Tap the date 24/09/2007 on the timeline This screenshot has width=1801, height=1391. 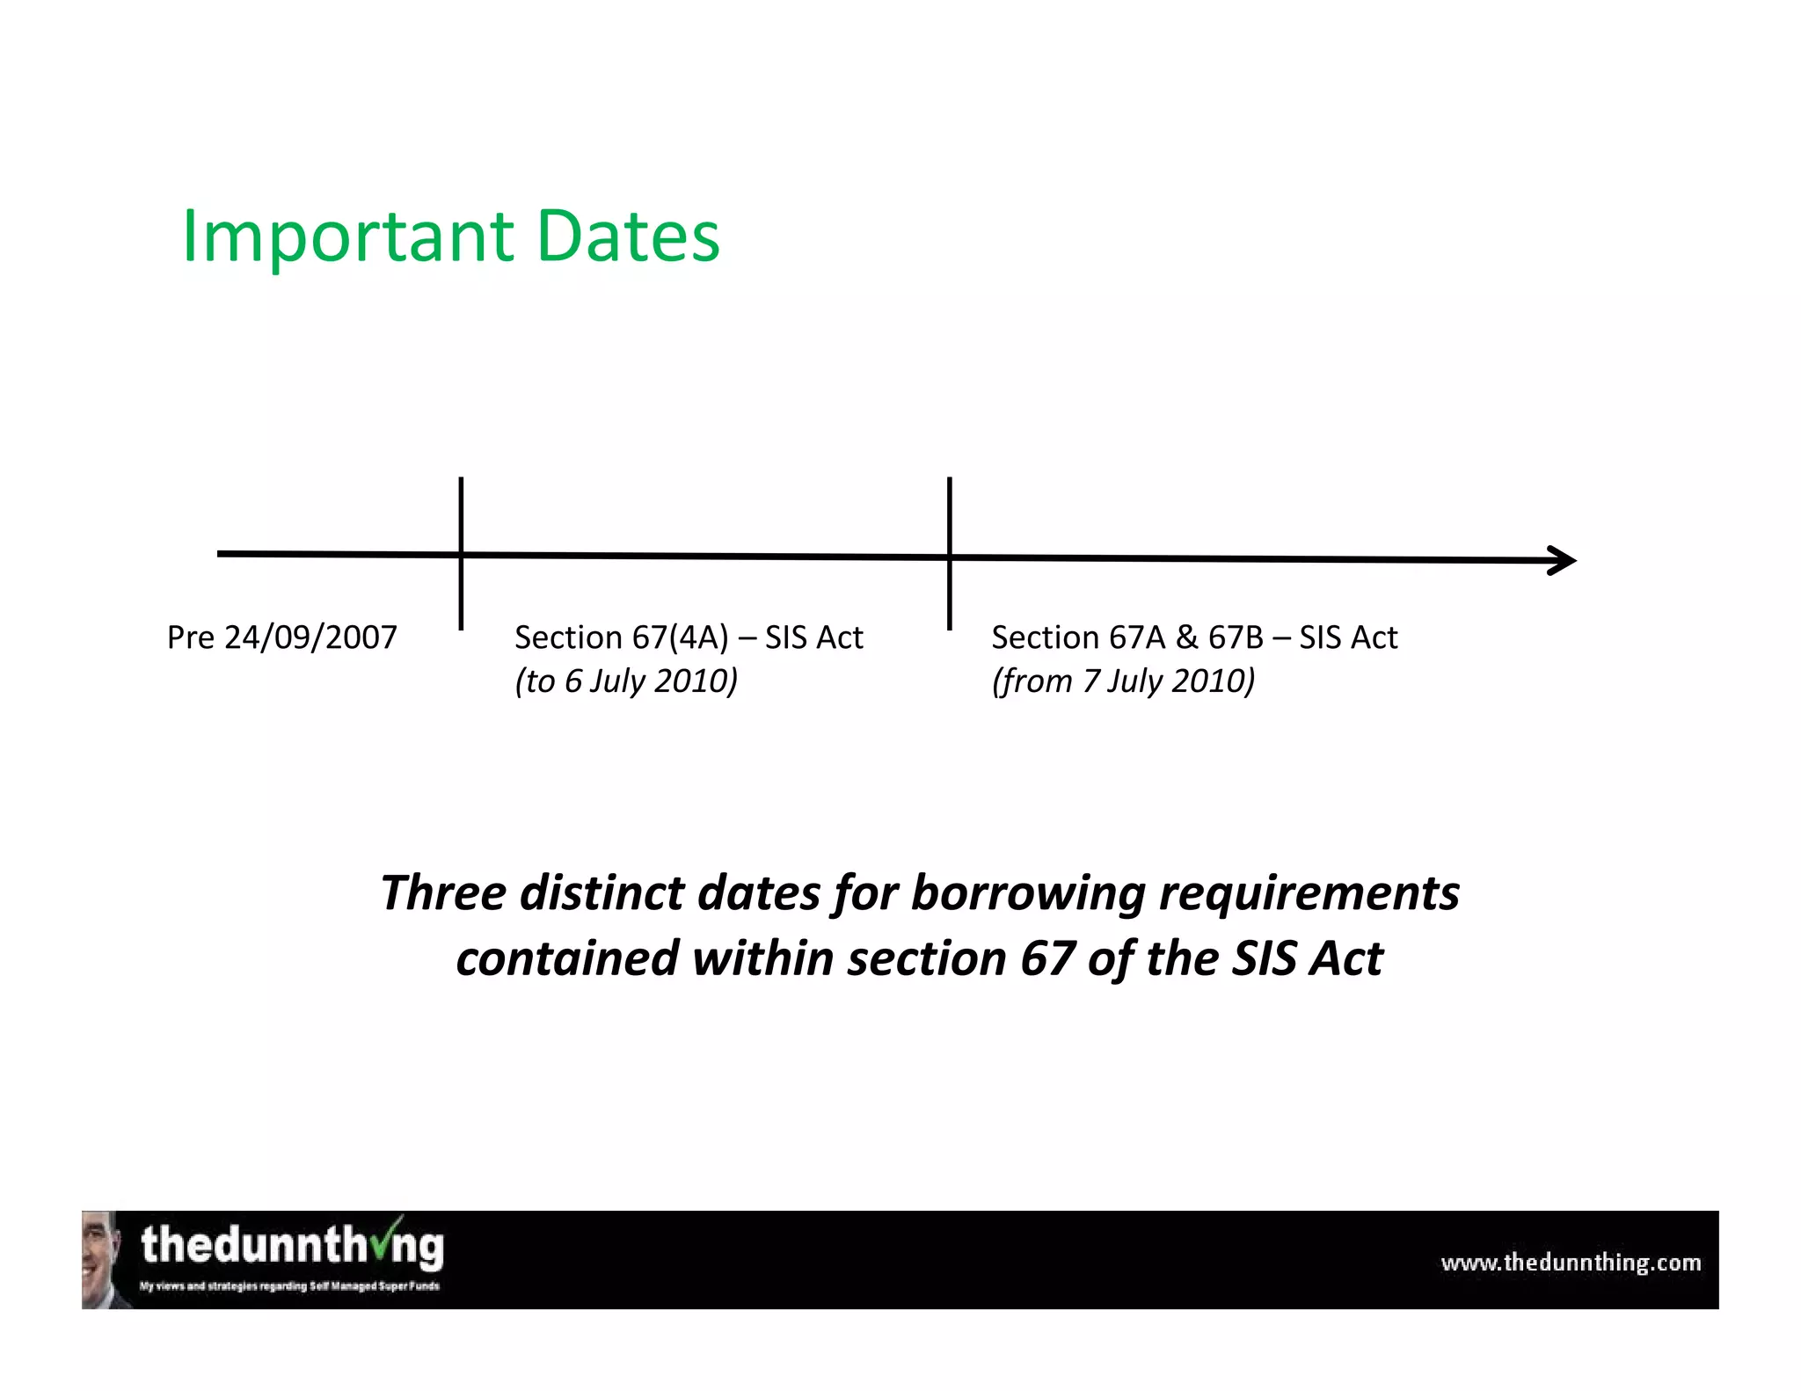point(310,637)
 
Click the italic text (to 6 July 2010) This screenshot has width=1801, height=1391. point(626,681)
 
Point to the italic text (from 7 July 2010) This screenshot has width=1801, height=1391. point(1123,681)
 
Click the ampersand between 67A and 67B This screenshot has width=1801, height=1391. point(1186,637)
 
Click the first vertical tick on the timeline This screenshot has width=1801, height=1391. point(461,553)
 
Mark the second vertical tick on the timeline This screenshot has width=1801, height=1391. point(950,553)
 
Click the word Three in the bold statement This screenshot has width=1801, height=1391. point(443,893)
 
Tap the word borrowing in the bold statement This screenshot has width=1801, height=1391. point(1028,893)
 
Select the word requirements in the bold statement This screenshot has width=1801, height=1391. point(1309,893)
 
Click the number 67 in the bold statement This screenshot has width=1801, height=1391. point(1047,958)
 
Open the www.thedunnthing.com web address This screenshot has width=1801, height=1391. point(1571,1264)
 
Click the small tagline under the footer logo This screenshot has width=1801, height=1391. point(289,1286)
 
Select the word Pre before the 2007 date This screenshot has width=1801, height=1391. point(191,637)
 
